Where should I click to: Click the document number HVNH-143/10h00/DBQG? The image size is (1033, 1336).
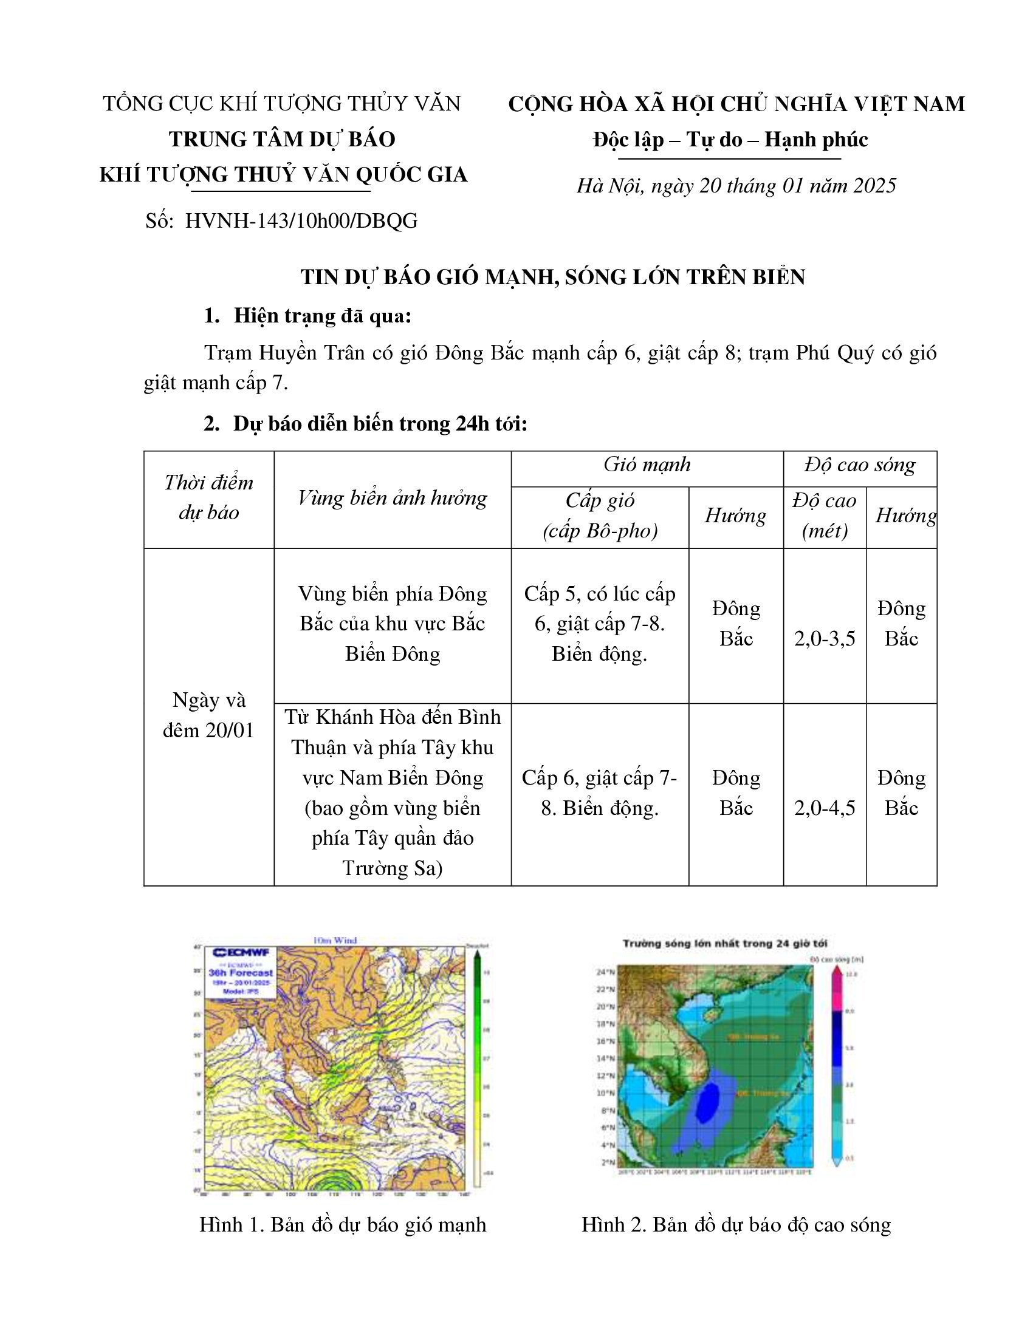click(x=301, y=221)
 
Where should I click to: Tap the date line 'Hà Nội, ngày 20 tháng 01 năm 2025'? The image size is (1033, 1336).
click(x=736, y=185)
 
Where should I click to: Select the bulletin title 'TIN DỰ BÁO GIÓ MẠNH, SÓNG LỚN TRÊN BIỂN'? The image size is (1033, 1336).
click(x=552, y=277)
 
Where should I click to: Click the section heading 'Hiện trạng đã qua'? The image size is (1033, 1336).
click(x=322, y=316)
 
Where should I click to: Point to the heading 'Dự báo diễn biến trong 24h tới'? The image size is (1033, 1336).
click(x=379, y=423)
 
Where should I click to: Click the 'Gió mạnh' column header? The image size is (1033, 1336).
click(x=647, y=465)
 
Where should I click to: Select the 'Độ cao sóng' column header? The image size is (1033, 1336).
click(x=859, y=465)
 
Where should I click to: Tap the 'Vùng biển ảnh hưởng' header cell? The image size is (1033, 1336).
click(x=393, y=498)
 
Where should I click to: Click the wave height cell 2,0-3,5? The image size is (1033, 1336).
click(x=825, y=639)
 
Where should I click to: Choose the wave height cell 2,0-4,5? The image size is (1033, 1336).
click(x=825, y=808)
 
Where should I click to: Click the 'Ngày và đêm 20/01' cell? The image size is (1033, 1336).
click(x=208, y=715)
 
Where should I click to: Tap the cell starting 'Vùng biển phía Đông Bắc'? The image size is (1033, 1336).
click(x=393, y=623)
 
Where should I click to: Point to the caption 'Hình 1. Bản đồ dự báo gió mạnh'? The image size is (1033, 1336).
click(x=343, y=1225)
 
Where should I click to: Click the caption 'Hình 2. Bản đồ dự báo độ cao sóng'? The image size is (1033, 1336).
click(x=736, y=1225)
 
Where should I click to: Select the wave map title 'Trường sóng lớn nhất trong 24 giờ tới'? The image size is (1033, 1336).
click(x=725, y=944)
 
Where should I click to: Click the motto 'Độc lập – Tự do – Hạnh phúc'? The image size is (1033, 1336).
click(x=730, y=140)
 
